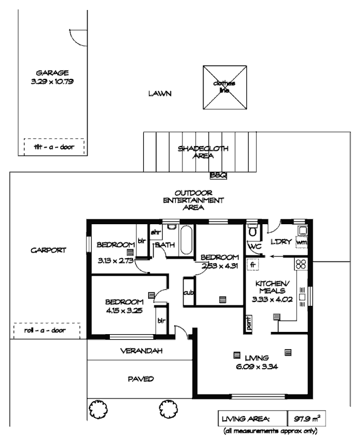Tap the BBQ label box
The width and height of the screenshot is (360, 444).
click(x=217, y=176)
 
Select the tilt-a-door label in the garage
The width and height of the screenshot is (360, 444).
click(x=54, y=147)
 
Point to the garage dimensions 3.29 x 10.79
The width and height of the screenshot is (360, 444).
click(x=52, y=81)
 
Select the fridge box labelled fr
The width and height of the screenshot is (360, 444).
click(x=252, y=265)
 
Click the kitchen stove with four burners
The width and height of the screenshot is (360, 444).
click(x=302, y=264)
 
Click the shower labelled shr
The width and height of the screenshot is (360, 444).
click(x=155, y=231)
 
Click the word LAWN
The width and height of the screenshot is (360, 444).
click(x=159, y=94)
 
